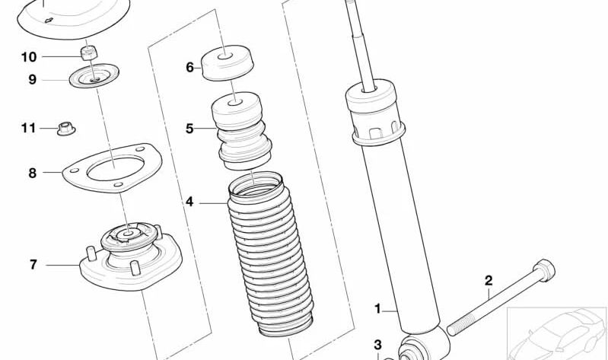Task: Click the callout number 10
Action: click(x=28, y=56)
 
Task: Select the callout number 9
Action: click(x=32, y=78)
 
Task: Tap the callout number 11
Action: click(x=28, y=128)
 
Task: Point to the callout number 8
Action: click(x=32, y=173)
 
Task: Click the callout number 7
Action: click(x=33, y=264)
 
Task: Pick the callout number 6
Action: click(x=189, y=67)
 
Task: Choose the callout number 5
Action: click(x=189, y=128)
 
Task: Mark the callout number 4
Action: click(x=189, y=202)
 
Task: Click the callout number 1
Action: click(x=377, y=308)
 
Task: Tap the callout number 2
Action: click(x=489, y=280)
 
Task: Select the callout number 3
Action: click(x=377, y=345)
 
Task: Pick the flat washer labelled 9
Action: click(x=94, y=77)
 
